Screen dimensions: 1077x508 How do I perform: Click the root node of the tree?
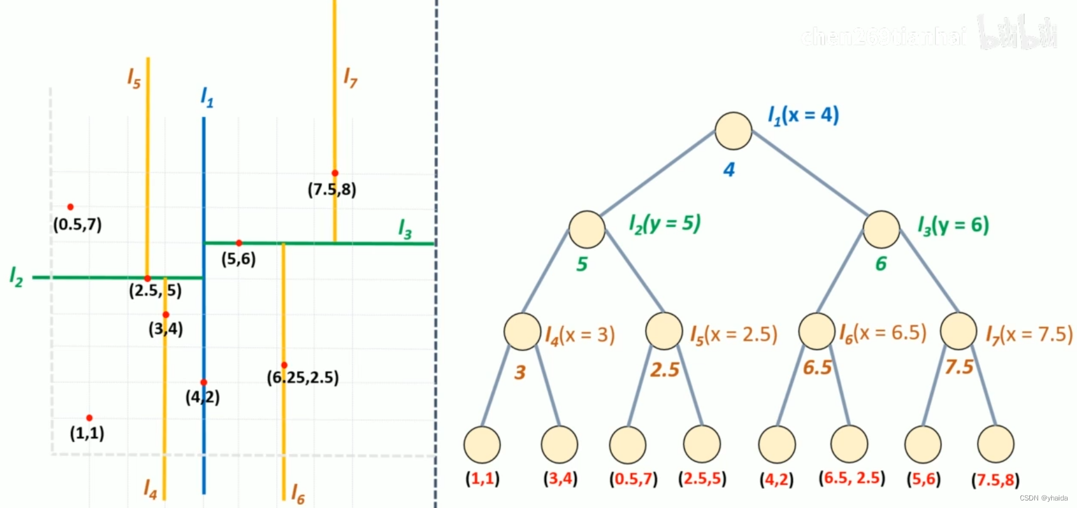point(733,131)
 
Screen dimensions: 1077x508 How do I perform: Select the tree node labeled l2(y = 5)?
point(587,229)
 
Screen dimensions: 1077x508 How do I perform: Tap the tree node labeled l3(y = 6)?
point(881,229)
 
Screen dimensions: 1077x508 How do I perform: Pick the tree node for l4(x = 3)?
point(522,331)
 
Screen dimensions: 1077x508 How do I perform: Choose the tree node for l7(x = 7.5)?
point(958,331)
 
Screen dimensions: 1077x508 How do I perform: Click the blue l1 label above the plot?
point(207,97)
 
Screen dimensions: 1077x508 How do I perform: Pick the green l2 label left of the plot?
point(16,276)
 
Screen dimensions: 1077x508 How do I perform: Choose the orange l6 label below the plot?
point(297,494)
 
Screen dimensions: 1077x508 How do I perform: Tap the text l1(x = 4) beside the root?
point(803,116)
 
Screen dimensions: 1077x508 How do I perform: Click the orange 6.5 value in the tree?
point(817,367)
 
